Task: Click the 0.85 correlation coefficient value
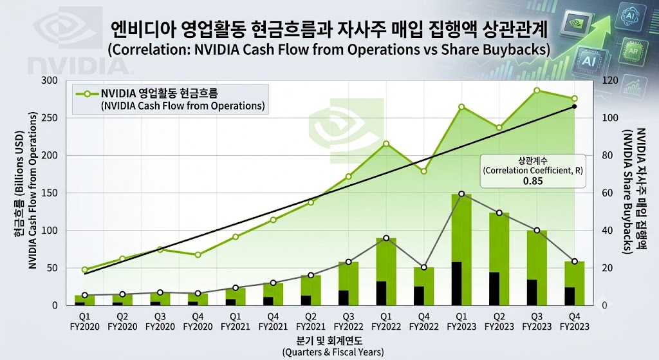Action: (532, 181)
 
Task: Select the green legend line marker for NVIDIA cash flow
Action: (87, 94)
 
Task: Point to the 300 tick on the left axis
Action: (49, 81)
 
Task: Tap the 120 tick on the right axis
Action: (610, 81)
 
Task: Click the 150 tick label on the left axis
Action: (49, 193)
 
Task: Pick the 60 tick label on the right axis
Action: (608, 193)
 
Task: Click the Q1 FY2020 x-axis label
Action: (84, 321)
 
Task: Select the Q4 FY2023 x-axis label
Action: (575, 321)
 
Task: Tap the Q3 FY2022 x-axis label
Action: (348, 321)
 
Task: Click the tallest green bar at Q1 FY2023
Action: (461, 228)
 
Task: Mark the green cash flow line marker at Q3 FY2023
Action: (537, 90)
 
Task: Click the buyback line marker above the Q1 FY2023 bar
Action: (461, 194)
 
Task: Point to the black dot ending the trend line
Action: (575, 106)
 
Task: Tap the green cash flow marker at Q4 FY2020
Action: (198, 255)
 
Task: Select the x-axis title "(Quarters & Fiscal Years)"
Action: (333, 352)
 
